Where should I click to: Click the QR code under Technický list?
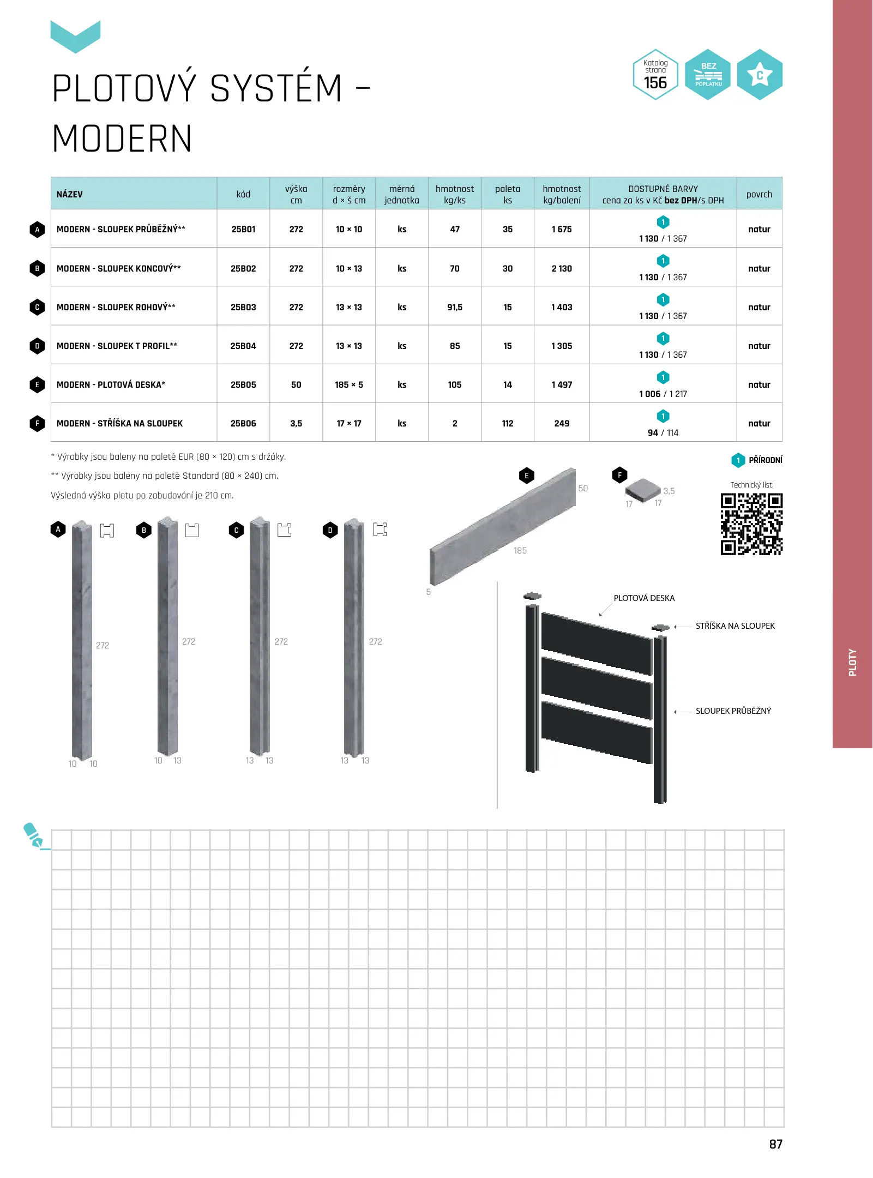pos(751,524)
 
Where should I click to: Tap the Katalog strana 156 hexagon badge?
pos(655,75)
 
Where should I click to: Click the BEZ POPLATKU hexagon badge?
pos(708,75)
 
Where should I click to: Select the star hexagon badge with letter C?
pos(760,75)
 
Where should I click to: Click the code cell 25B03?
pos(243,307)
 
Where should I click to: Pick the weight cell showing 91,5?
pos(455,307)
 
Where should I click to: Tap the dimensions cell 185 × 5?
pos(349,384)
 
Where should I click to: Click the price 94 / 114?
pos(663,432)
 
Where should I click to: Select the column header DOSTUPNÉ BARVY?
pos(663,189)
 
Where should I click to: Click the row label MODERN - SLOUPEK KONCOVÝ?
pos(118,268)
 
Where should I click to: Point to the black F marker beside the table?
pos(37,423)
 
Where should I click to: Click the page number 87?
pos(775,1144)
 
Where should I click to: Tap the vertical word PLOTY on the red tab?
pos(852,662)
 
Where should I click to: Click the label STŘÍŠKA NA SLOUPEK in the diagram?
pos(734,626)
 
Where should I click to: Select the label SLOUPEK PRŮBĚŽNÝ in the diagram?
pos(733,711)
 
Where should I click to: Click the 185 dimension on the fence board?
pos(520,551)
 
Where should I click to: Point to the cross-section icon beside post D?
pos(380,529)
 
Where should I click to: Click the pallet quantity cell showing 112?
pos(507,423)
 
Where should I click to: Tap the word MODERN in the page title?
pos(122,139)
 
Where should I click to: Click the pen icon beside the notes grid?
pos(34,836)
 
